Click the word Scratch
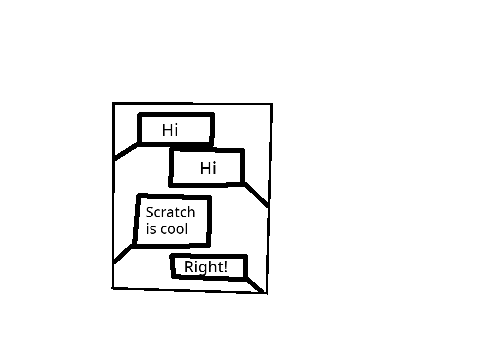click(170, 212)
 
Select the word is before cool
click(151, 229)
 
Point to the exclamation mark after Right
click(226, 267)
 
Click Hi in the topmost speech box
click(170, 130)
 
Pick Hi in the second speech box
click(208, 168)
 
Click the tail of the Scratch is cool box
click(123, 254)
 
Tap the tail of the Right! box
click(255, 286)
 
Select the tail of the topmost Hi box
click(126, 151)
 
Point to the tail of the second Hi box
click(256, 195)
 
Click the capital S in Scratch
click(150, 212)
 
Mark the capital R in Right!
click(188, 267)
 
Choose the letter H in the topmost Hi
click(167, 130)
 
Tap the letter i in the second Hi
click(214, 168)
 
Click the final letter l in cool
click(187, 229)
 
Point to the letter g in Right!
click(201, 269)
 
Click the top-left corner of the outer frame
click(114, 104)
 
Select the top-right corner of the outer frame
click(272, 105)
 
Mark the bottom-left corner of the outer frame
click(113, 288)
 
